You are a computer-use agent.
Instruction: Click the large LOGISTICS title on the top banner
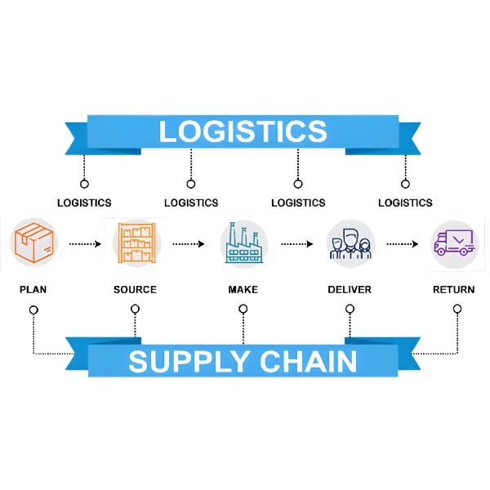pos(243,131)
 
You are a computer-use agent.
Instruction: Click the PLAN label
pos(33,290)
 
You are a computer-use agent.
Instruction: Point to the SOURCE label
pos(135,290)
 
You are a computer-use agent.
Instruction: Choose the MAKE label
pos(243,290)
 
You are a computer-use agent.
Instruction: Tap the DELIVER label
pos(350,290)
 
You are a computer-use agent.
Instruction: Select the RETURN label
pos(454,290)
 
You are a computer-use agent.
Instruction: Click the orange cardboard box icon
pos(34,243)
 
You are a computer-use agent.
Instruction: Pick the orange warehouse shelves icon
pos(136,243)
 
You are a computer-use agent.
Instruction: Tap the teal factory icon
pos(243,243)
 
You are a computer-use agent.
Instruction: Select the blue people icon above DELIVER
pos(350,243)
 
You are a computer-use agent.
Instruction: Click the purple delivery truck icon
pos(454,243)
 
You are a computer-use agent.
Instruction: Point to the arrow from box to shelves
pos(85,243)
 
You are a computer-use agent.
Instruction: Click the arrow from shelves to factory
pos(189,243)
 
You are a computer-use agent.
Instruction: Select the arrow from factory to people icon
pos(297,243)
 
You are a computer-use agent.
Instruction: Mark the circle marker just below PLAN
pos(33,309)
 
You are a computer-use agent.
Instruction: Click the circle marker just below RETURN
pos(457,309)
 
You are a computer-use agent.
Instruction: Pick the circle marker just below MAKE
pos(243,309)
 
